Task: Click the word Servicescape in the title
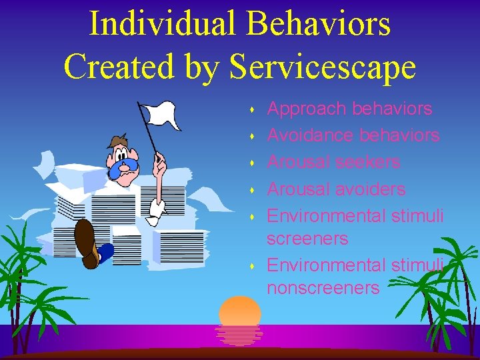[323, 66]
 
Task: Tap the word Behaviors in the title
[318, 23]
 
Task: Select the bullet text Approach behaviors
[349, 109]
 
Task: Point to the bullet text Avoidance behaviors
[353, 135]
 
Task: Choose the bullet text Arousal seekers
[333, 162]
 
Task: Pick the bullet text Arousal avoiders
[336, 189]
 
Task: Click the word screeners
[307, 238]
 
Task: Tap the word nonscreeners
[323, 287]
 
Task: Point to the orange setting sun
[240, 311]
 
